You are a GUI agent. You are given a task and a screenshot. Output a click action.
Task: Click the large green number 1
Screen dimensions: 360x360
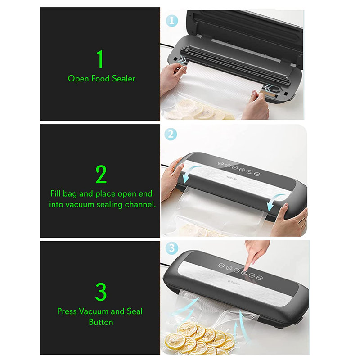click(100, 59)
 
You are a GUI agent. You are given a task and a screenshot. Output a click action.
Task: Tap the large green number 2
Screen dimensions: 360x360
click(101, 174)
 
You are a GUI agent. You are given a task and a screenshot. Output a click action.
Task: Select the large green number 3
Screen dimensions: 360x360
click(101, 292)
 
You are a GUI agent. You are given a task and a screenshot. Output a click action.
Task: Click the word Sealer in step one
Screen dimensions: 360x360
click(123, 78)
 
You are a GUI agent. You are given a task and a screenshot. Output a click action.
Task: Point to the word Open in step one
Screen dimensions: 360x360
click(78, 79)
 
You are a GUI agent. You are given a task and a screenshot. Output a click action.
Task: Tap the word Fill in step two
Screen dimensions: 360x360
click(55, 193)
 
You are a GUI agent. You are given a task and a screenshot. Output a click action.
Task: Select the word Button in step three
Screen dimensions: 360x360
click(101, 322)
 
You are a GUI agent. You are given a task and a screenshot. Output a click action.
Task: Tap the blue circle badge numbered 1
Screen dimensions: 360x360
click(172, 21)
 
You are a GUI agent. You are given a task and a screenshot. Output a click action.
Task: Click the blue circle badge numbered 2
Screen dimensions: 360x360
click(171, 134)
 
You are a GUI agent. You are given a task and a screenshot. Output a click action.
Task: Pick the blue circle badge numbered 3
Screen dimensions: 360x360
click(172, 247)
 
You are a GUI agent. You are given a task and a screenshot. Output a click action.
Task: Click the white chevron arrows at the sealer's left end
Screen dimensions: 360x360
click(183, 60)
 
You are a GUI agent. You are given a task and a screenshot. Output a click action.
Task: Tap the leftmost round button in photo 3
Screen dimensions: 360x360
click(221, 265)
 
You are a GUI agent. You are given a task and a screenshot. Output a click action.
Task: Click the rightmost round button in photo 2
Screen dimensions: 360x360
click(257, 174)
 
